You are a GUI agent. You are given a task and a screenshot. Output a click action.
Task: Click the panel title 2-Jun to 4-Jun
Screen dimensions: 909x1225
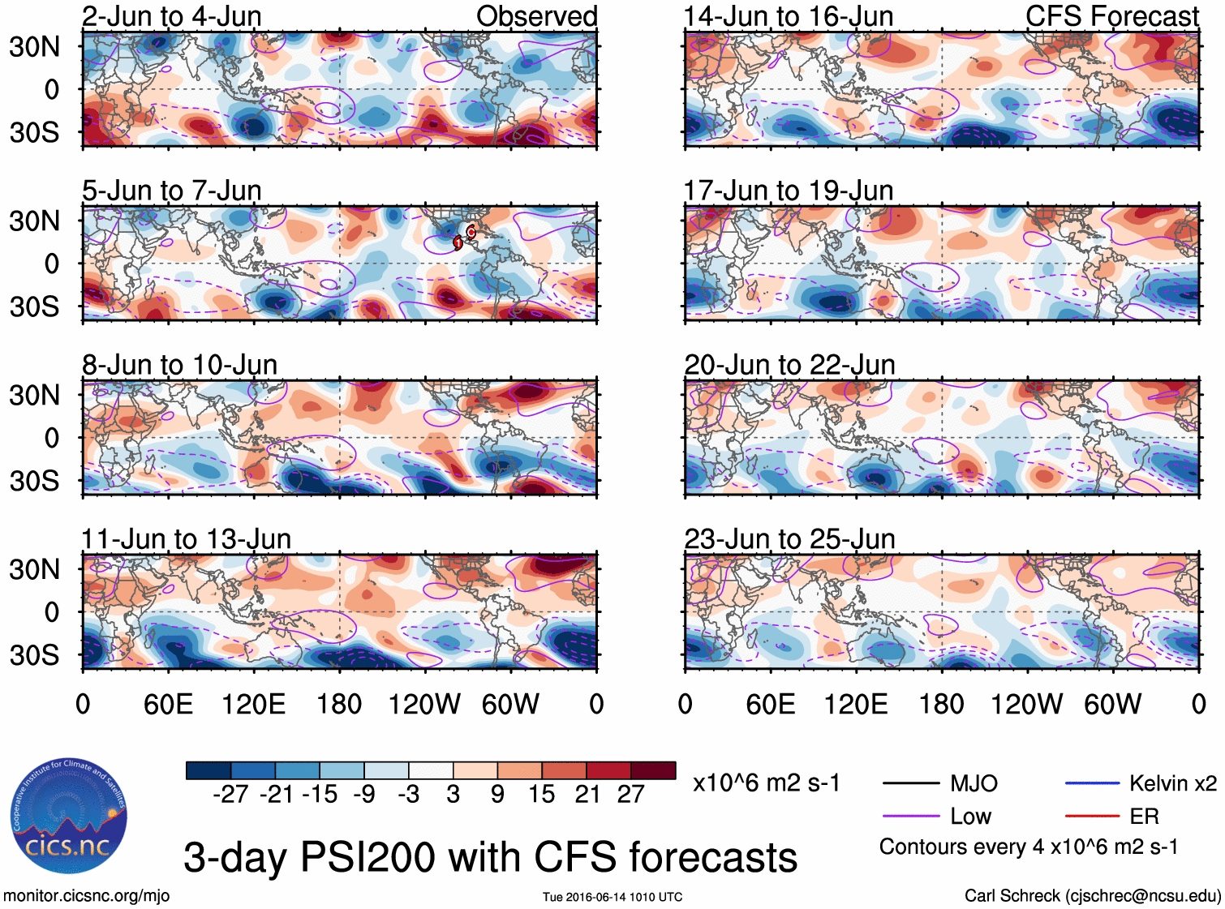(x=171, y=16)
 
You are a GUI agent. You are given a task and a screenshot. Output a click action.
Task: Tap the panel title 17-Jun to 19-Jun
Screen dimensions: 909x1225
(x=788, y=191)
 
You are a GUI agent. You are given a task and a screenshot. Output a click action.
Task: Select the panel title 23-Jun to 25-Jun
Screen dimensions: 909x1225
(x=789, y=539)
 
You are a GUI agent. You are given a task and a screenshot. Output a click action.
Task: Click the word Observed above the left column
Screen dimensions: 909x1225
(x=536, y=16)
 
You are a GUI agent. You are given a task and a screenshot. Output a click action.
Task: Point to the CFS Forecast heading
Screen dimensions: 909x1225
(x=1111, y=16)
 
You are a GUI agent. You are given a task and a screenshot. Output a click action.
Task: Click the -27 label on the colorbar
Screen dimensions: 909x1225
(x=230, y=795)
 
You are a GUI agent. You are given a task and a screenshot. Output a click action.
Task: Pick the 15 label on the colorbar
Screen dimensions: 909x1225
(x=541, y=795)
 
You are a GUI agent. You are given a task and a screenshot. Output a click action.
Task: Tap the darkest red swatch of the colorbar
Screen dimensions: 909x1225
(x=653, y=770)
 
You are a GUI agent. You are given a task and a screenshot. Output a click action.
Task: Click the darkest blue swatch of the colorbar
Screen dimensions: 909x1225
(x=208, y=770)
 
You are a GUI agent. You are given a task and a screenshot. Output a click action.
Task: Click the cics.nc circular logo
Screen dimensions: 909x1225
(x=68, y=817)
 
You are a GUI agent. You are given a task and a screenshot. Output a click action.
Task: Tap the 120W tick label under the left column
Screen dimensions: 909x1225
(x=424, y=705)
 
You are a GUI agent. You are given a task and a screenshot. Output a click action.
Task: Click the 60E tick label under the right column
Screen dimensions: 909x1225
(x=770, y=705)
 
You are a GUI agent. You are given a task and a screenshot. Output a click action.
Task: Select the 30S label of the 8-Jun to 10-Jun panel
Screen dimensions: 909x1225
(x=34, y=481)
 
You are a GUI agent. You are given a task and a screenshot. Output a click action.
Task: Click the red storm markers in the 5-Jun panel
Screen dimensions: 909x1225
(x=465, y=237)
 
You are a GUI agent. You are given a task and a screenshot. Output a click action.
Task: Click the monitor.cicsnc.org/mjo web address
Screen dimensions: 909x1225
(x=87, y=896)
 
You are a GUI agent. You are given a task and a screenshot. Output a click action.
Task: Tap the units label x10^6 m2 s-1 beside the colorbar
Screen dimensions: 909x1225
(x=766, y=783)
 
